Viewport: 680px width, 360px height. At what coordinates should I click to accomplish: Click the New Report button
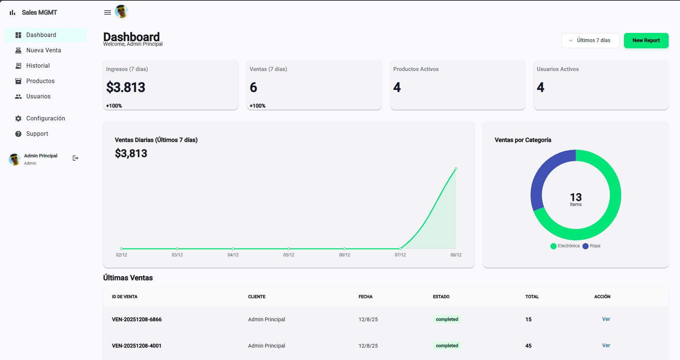(646, 41)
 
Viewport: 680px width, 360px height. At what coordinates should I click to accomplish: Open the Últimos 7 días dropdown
(590, 41)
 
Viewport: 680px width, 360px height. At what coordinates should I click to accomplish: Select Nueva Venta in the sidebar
(44, 50)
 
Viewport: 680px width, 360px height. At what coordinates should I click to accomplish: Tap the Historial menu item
(38, 66)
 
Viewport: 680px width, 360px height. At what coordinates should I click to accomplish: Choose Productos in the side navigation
(40, 81)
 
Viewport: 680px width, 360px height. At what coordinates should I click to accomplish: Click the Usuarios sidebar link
(38, 97)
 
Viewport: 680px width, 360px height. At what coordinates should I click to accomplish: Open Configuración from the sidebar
(45, 119)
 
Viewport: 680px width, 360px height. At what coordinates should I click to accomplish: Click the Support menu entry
(37, 134)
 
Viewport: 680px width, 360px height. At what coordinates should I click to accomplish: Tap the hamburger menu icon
(108, 12)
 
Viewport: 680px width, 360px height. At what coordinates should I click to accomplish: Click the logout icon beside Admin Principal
(75, 158)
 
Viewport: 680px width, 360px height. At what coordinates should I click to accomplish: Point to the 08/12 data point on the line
(456, 169)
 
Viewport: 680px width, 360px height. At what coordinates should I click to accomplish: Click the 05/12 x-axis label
(289, 255)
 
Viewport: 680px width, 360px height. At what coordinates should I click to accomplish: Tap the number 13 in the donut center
(576, 197)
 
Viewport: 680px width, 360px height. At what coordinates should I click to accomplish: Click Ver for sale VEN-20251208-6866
(606, 319)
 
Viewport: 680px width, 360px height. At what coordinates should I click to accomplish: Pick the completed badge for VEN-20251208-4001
(447, 346)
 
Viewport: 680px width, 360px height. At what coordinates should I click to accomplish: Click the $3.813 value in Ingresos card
(126, 87)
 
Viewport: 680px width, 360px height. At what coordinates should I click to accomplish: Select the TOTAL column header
(532, 297)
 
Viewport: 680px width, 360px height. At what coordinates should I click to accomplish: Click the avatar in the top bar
(122, 12)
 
